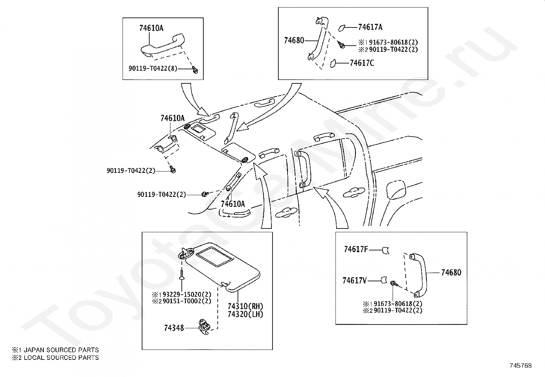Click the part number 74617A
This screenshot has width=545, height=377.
pyautogui.click(x=370, y=27)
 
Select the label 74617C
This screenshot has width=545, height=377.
pyautogui.click(x=362, y=63)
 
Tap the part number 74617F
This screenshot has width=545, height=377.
pyautogui.click(x=356, y=249)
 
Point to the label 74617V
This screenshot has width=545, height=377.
pyautogui.click(x=355, y=281)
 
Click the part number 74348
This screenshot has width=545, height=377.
pyautogui.click(x=174, y=328)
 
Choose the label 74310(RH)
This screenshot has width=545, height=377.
pyautogui.click(x=245, y=306)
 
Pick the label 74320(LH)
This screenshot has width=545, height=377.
pyautogui.click(x=245, y=314)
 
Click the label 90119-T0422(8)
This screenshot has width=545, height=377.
pyautogui.click(x=153, y=69)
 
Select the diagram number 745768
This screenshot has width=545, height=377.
pyautogui.click(x=521, y=366)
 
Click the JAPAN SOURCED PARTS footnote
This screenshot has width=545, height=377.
pyautogui.click(x=55, y=350)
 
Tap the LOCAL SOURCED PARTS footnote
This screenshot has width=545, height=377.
pyautogui.click(x=55, y=358)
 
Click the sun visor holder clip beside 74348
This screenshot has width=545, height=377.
pyautogui.click(x=204, y=327)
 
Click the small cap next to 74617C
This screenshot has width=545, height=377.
pyautogui.click(x=333, y=63)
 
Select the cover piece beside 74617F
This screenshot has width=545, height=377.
pyautogui.click(x=385, y=250)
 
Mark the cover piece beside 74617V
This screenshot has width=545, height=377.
pyautogui.click(x=384, y=280)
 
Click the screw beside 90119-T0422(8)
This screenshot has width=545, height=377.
pyautogui.click(x=195, y=70)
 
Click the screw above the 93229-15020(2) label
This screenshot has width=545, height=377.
pyautogui.click(x=182, y=274)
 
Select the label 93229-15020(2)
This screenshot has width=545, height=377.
pyautogui.click(x=187, y=295)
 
